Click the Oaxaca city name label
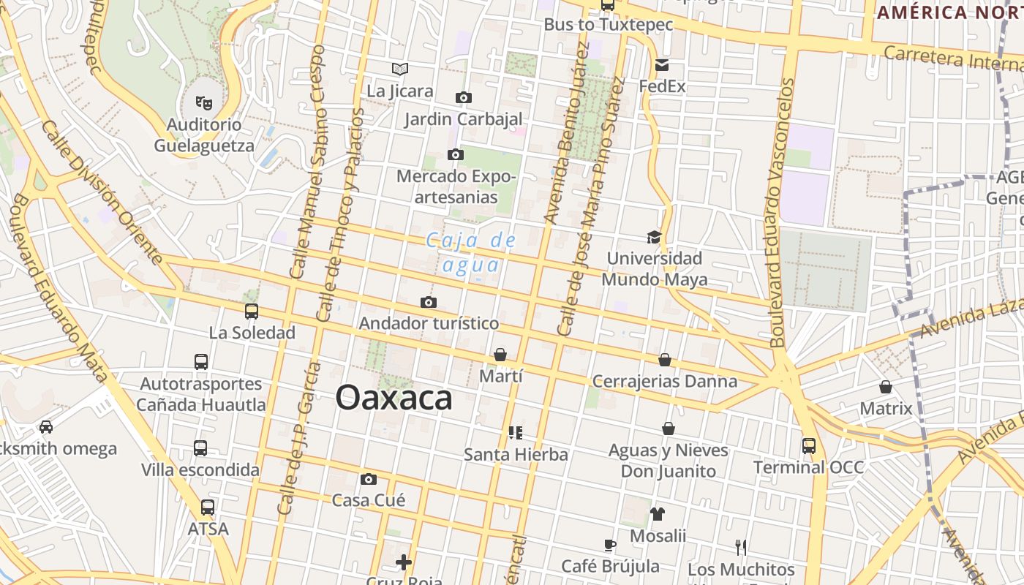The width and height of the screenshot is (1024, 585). click(x=394, y=399)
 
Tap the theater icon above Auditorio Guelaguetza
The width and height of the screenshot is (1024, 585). click(x=204, y=102)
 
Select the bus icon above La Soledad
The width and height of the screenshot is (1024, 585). click(x=252, y=312)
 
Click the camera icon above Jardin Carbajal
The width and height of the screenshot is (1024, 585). click(x=463, y=97)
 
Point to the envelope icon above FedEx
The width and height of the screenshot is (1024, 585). click(x=662, y=65)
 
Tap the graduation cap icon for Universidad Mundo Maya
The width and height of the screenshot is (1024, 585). click(x=654, y=237)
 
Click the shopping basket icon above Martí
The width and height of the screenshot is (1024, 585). click(x=500, y=355)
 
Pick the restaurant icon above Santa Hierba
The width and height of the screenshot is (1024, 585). click(x=516, y=432)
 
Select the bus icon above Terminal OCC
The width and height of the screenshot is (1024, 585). click(x=808, y=445)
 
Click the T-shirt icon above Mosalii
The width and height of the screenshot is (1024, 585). click(x=657, y=513)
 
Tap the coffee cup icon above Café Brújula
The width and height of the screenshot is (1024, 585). click(x=610, y=544)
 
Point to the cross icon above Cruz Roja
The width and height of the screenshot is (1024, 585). click(x=403, y=562)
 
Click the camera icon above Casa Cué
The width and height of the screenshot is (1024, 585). click(x=369, y=479)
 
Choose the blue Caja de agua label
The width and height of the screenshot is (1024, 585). click(x=471, y=252)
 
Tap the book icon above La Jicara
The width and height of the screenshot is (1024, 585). click(x=399, y=69)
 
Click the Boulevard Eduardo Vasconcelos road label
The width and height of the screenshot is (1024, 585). click(x=782, y=212)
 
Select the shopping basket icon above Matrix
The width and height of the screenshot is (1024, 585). click(x=886, y=386)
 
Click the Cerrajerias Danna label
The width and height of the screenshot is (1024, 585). click(x=664, y=381)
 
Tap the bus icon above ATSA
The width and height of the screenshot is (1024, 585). click(x=208, y=507)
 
